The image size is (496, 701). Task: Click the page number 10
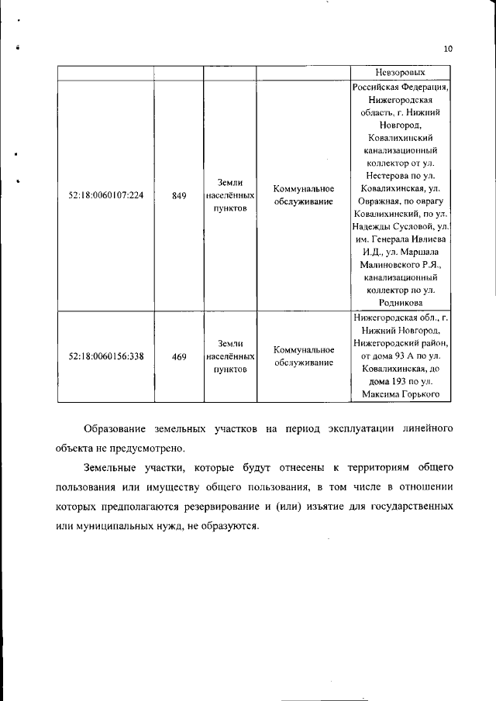pos(447,49)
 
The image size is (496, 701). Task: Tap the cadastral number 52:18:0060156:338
pos(106,356)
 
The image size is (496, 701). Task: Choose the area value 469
pos(179,356)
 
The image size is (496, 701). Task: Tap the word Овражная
pos(377,202)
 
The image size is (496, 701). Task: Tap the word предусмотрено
pos(149,448)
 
